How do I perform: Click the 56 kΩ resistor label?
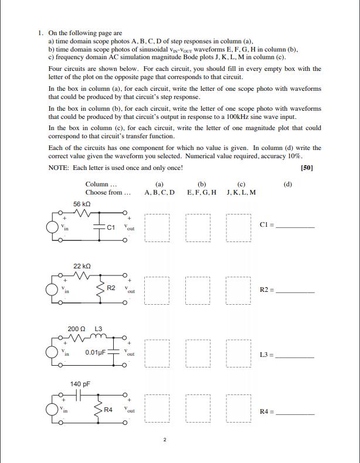tap(81, 203)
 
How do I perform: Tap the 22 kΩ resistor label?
tap(81, 266)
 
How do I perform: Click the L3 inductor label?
tap(98, 329)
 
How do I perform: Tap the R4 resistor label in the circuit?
tap(108, 409)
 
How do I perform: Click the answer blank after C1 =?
tap(296, 226)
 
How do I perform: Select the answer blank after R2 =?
tap(296, 290)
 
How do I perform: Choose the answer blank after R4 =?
tap(296, 414)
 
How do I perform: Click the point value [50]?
tap(306, 168)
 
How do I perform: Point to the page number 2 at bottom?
tap(166, 440)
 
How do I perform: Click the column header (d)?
tap(287, 184)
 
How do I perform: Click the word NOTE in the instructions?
tap(58, 168)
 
